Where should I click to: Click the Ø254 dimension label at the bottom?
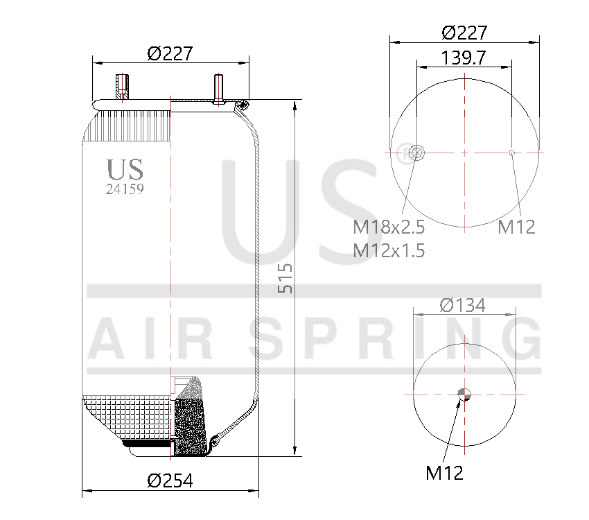[170, 480]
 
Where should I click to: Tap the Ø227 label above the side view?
[170, 53]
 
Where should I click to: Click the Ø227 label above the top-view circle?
[464, 33]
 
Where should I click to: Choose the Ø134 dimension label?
[463, 305]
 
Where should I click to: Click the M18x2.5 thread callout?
[389, 227]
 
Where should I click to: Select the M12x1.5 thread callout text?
[389, 250]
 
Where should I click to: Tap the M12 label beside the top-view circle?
[517, 227]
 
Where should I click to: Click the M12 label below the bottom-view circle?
[444, 474]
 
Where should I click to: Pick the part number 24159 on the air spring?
[125, 188]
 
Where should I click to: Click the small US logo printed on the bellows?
[125, 169]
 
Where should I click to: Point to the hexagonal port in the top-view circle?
[417, 153]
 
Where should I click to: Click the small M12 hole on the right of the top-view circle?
[511, 153]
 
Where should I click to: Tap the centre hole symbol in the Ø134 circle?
[464, 395]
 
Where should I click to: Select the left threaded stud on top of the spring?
[122, 87]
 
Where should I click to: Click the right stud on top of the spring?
[218, 89]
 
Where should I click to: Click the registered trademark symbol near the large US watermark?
[403, 149]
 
